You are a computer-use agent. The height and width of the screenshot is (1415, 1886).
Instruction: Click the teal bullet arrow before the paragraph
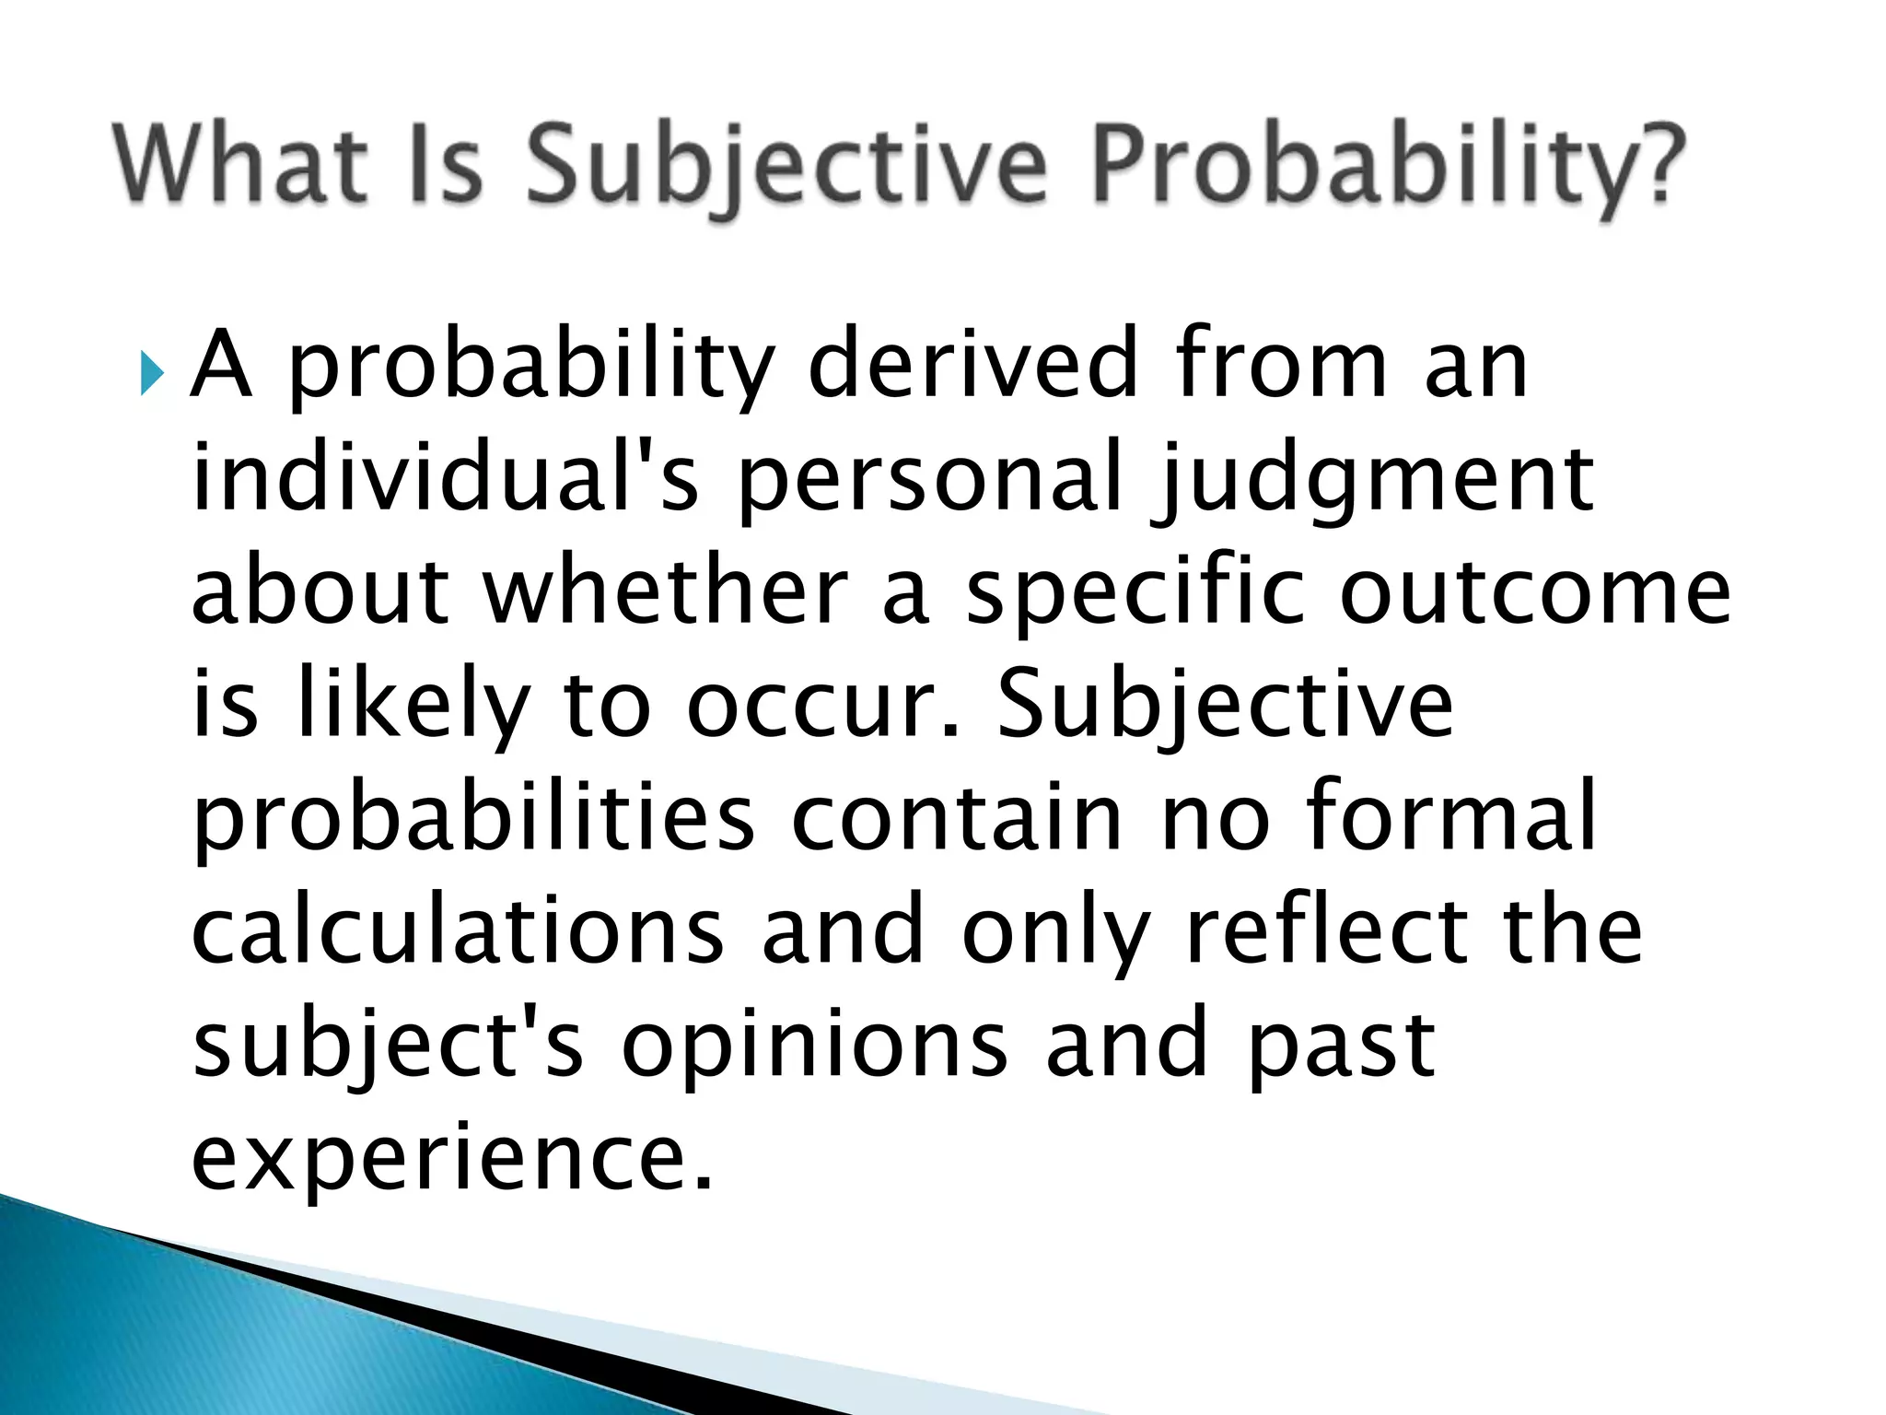click(150, 374)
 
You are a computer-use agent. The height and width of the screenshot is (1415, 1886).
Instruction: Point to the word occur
click(824, 707)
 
